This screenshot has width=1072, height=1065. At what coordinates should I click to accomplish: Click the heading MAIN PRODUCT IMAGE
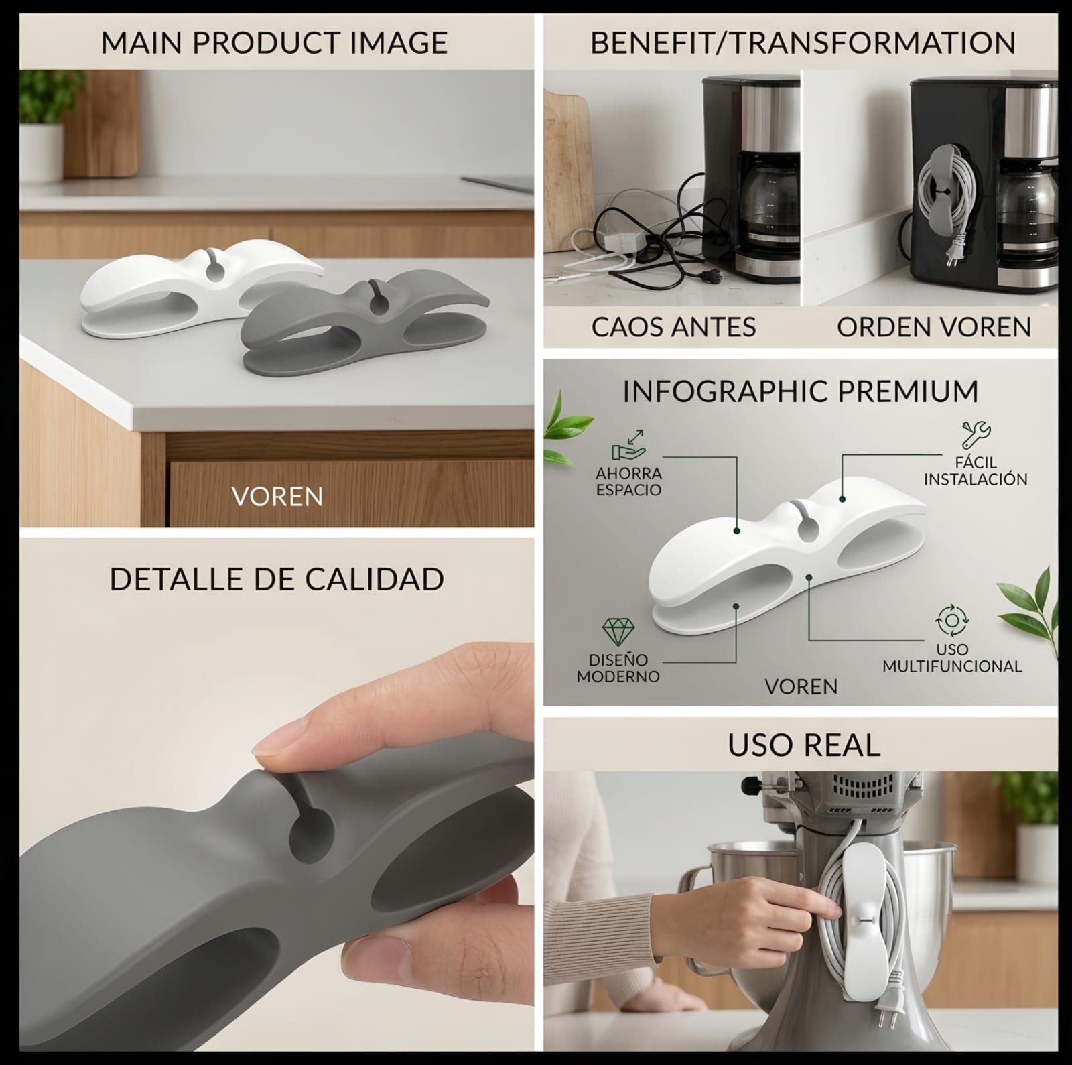click(274, 42)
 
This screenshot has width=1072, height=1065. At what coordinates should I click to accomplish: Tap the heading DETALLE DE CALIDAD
click(277, 579)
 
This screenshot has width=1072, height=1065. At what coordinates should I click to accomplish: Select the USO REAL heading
click(804, 745)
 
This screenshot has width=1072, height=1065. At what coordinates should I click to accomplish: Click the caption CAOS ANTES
click(673, 327)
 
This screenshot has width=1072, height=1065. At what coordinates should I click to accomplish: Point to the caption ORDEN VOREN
click(934, 327)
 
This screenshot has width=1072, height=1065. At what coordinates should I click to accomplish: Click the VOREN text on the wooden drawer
click(277, 497)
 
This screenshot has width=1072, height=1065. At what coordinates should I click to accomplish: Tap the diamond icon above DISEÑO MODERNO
click(617, 632)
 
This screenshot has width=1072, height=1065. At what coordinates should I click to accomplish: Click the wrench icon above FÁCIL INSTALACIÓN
click(976, 435)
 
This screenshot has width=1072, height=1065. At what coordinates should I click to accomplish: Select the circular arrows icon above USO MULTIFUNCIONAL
click(951, 620)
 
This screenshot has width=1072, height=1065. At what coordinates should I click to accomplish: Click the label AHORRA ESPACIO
click(628, 481)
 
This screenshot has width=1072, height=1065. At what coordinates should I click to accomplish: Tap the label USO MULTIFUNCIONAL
click(952, 657)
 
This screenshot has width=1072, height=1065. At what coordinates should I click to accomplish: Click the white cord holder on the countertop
click(201, 288)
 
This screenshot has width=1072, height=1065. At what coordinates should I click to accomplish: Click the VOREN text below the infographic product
click(801, 686)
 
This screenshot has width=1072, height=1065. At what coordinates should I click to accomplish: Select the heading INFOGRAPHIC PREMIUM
click(801, 391)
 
